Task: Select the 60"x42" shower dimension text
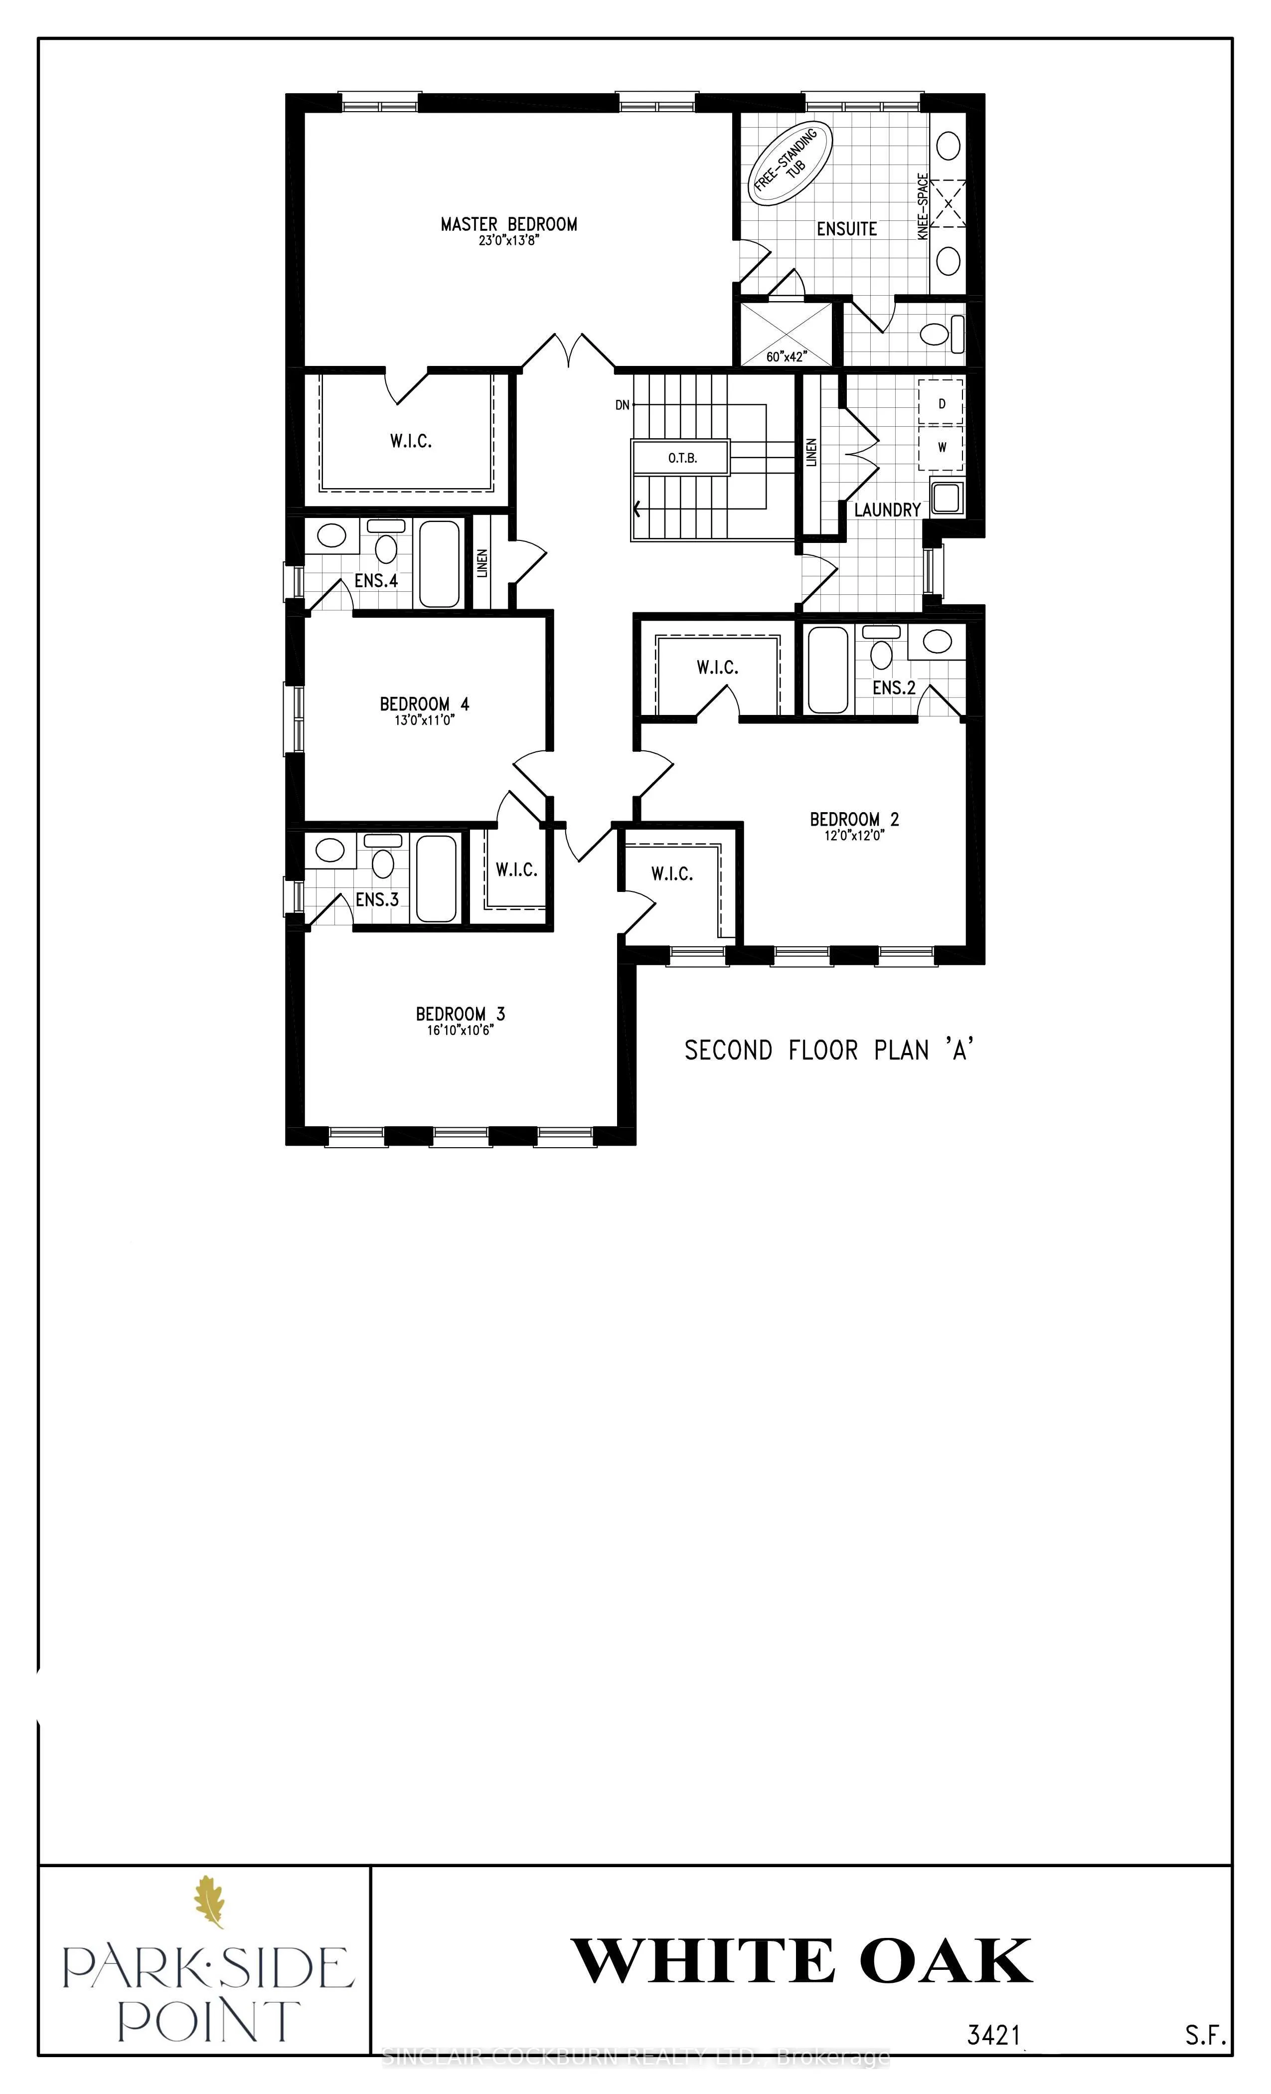click(787, 357)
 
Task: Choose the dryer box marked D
click(942, 404)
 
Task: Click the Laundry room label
click(887, 510)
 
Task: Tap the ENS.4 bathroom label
click(375, 581)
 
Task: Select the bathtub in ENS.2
click(827, 669)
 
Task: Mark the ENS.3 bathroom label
click(376, 899)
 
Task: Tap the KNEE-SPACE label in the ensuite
click(924, 206)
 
